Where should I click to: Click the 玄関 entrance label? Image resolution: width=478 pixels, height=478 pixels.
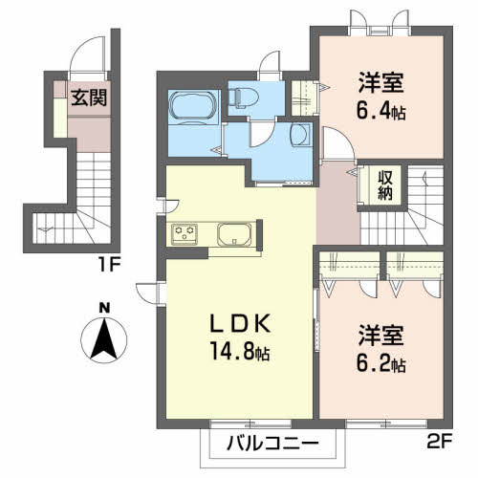pyautogui.click(x=88, y=97)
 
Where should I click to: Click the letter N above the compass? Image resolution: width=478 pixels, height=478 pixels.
pyautogui.click(x=104, y=307)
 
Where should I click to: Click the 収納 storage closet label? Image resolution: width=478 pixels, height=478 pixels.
pyautogui.click(x=386, y=183)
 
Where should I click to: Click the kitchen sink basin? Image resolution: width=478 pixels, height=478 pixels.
pyautogui.click(x=234, y=234)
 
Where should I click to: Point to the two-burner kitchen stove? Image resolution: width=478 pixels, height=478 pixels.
pyautogui.click(x=185, y=234)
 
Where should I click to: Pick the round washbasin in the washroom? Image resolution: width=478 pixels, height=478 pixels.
pyautogui.click(x=299, y=133)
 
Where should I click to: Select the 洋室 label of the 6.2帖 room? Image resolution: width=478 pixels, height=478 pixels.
pyautogui.click(x=381, y=337)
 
